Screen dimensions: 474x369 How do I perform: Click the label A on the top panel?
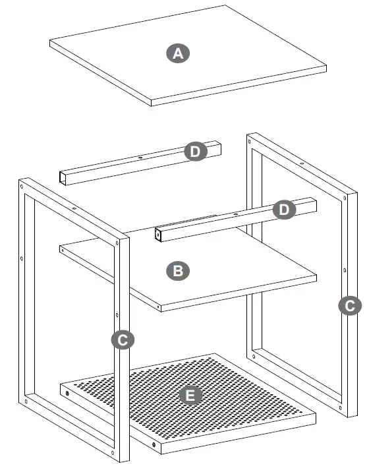177,53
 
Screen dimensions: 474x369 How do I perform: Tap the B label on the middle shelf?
177,270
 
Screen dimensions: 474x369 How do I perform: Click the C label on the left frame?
123,340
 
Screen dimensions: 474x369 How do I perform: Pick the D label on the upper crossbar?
195,152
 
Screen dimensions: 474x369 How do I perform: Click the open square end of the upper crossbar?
63,177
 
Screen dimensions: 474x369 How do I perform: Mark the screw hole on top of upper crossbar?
140,158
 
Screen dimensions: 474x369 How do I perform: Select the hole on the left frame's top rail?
74,208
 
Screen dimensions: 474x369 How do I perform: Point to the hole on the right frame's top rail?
301,163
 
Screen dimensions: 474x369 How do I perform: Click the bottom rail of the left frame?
72,429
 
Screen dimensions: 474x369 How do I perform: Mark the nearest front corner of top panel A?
152,104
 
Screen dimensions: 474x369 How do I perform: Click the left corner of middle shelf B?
61,248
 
